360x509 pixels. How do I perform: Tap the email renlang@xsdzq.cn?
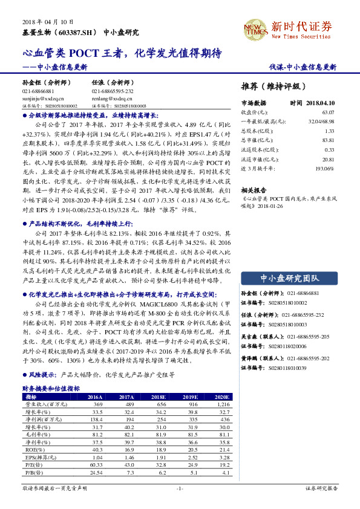(x=112, y=97)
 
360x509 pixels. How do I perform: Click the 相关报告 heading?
(x=254, y=189)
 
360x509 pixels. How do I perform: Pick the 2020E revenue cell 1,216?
(x=222, y=404)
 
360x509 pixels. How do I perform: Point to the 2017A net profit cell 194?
(x=128, y=419)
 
